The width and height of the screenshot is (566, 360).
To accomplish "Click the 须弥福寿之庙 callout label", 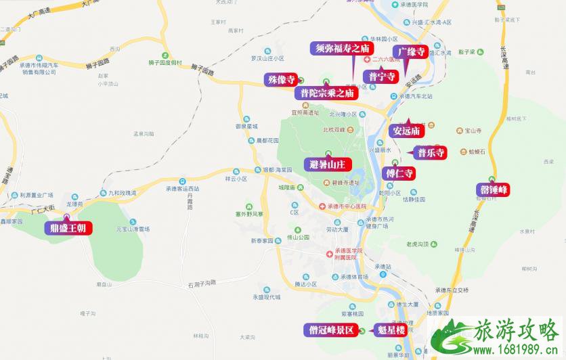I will [341, 48].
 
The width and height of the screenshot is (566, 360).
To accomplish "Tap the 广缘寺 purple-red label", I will [411, 51].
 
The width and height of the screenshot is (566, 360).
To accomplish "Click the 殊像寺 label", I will [280, 80].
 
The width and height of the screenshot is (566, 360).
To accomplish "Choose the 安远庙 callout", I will [406, 130].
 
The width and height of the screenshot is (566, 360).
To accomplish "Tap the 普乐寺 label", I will [431, 152].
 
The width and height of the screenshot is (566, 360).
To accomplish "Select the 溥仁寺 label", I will [399, 173].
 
